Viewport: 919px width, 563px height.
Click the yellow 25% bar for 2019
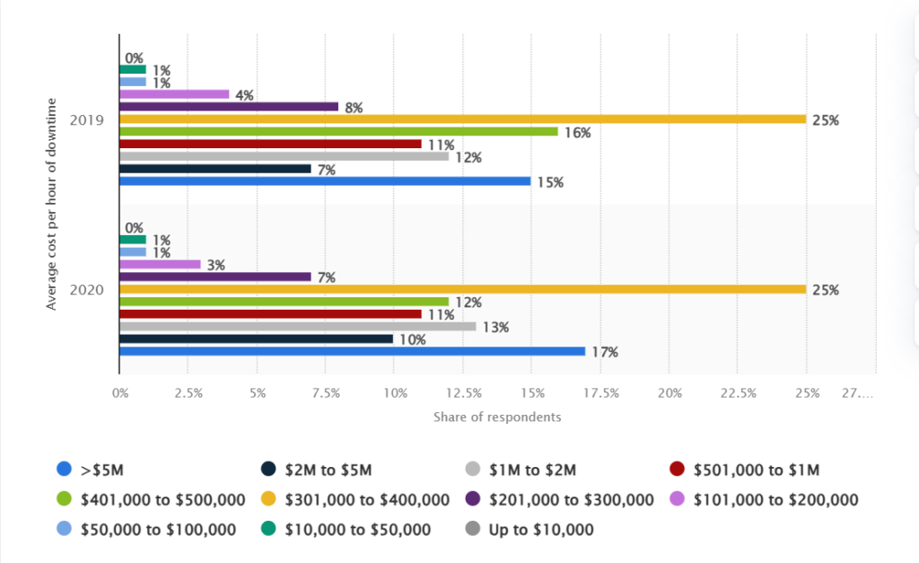pyautogui.click(x=462, y=119)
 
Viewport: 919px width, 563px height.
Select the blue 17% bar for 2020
pyautogui.click(x=352, y=351)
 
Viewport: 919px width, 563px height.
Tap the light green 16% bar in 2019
pyautogui.click(x=337, y=131)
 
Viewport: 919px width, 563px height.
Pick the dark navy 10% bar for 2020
pyautogui.click(x=256, y=339)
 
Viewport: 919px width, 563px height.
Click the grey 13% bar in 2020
pyautogui.click(x=297, y=327)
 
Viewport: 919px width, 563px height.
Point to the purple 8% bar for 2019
pyautogui.click(x=229, y=106)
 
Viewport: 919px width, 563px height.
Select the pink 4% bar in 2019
pyautogui.click(x=174, y=93)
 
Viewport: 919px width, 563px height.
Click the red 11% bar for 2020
pyautogui.click(x=270, y=314)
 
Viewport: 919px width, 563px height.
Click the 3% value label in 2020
pyautogui.click(x=215, y=265)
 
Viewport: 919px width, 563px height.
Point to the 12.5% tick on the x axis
pyautogui.click(x=462, y=393)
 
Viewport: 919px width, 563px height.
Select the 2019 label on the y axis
pyautogui.click(x=88, y=119)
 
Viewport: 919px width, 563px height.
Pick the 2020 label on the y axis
pyautogui.click(x=88, y=290)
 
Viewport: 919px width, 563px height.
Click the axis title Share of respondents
pyautogui.click(x=497, y=418)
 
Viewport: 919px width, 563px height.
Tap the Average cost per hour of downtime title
pyautogui.click(x=51, y=205)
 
